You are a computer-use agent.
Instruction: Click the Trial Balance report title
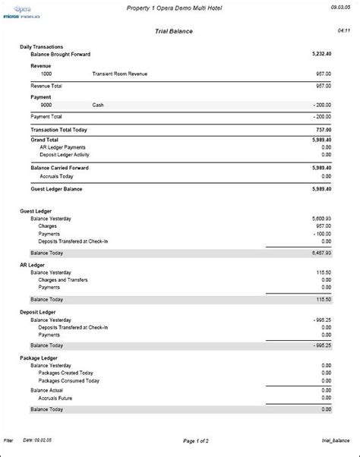(179, 31)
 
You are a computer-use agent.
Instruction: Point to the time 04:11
(343, 32)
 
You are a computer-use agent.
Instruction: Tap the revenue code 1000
(47, 74)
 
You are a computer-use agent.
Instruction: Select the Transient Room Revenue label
(120, 74)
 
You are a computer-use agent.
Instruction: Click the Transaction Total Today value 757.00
(323, 130)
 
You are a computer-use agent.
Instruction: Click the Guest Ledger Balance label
(56, 189)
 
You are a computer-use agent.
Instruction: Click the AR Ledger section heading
(33, 264)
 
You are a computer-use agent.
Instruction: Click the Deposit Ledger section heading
(38, 312)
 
